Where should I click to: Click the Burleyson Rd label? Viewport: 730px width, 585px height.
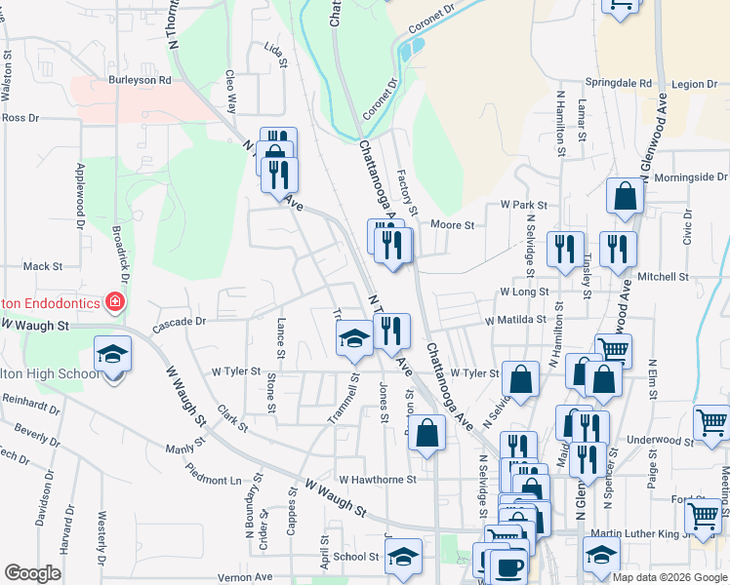click(140, 80)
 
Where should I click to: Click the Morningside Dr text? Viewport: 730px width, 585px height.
click(690, 177)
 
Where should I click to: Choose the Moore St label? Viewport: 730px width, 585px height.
click(453, 225)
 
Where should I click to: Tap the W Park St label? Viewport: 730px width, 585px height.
click(524, 206)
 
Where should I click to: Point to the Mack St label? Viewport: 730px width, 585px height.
click(42, 265)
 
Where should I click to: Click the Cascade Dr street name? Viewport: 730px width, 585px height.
click(182, 321)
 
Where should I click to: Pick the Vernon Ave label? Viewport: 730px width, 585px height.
click(245, 577)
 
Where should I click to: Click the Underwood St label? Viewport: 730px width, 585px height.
click(660, 441)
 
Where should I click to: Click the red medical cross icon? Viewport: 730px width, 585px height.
click(116, 303)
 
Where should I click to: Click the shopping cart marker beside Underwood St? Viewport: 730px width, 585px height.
click(711, 422)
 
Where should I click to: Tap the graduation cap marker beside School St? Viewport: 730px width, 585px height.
click(401, 558)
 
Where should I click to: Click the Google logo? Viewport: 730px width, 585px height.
click(32, 572)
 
